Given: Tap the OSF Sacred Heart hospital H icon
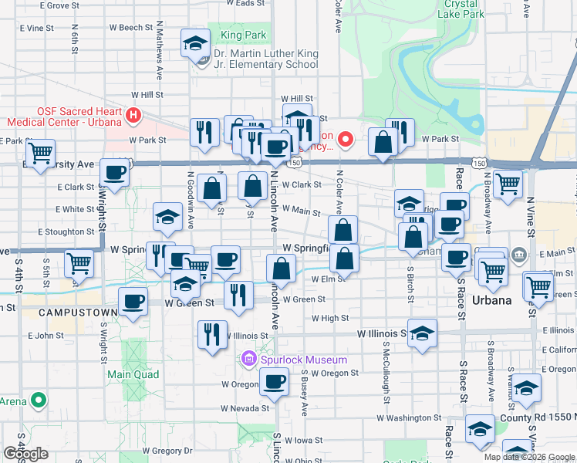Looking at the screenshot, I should tap(133, 116).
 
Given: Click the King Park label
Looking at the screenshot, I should tap(243, 35).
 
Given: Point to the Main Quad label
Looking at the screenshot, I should tap(133, 374).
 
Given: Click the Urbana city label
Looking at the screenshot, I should tap(492, 300).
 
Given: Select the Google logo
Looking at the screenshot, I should tap(25, 453).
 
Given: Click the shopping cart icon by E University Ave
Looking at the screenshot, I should tap(39, 151).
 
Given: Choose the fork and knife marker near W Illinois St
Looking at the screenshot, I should tap(212, 334).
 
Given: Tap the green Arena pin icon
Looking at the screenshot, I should tap(36, 401).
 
